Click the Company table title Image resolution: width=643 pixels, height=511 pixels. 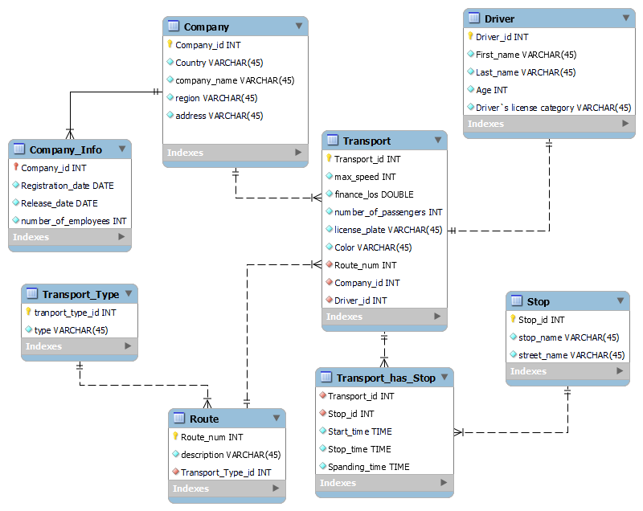point(206,27)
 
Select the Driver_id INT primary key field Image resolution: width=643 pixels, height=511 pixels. point(502,37)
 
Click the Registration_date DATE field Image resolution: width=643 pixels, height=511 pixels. point(67,186)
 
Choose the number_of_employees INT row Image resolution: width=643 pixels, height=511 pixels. point(73,221)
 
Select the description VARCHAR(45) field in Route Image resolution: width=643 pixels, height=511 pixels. point(230,455)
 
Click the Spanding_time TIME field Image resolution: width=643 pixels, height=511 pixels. point(368,467)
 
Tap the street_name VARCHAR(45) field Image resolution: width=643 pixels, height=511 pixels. point(571,355)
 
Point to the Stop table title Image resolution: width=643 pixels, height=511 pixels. point(538,301)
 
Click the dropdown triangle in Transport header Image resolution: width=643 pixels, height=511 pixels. point(437,141)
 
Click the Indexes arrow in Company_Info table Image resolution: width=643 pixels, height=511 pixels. point(122,237)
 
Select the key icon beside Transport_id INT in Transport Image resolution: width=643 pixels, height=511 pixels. point(329,159)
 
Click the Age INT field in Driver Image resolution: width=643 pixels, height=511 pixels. point(492,90)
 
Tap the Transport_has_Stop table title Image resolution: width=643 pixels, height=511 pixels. point(385,378)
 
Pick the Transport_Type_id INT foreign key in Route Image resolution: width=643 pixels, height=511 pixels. point(225,472)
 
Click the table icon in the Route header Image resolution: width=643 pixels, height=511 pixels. point(178,419)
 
